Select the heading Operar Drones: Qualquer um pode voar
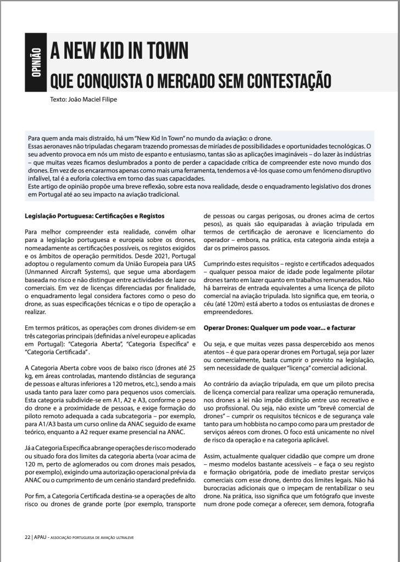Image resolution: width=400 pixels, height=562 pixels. pos(259,327)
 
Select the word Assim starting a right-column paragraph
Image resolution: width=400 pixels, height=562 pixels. pos(213,457)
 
